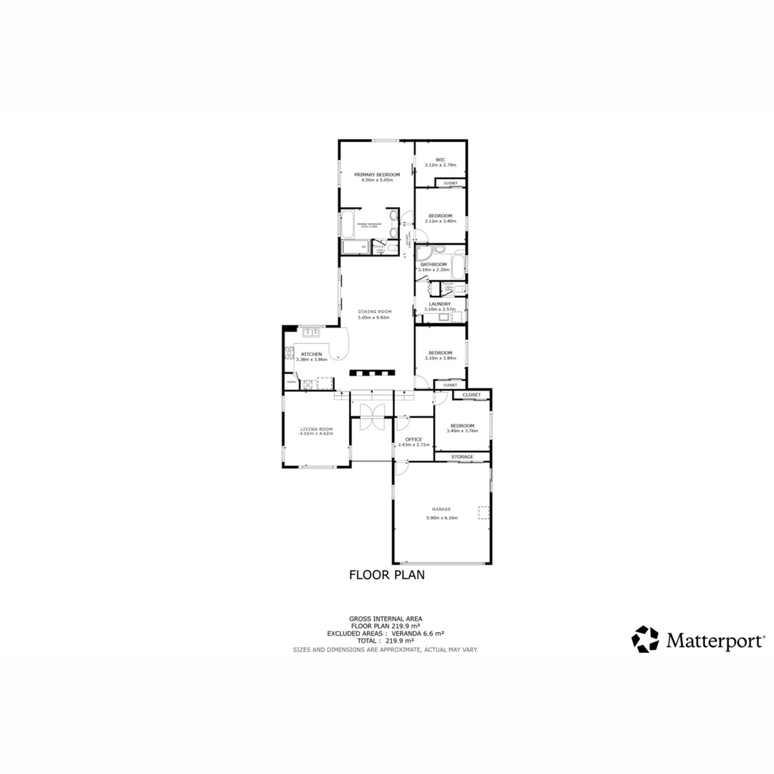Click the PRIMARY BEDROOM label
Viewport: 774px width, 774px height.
pos(376,174)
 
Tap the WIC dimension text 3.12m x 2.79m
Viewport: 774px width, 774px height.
pos(440,166)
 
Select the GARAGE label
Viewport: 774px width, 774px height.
pos(441,510)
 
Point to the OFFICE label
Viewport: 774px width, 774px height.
pos(414,439)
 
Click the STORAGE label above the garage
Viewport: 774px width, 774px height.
pos(462,457)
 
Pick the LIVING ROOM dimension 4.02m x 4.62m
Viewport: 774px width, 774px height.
pos(316,434)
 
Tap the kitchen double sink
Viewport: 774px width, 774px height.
pos(312,332)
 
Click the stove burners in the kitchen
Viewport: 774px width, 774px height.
pos(290,353)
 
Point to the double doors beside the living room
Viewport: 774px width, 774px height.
pos(372,416)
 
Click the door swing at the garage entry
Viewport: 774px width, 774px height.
pos(402,467)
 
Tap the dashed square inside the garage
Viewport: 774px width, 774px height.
pos(484,512)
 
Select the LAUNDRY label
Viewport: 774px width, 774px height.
pos(439,304)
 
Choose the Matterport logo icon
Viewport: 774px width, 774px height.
pos(644,639)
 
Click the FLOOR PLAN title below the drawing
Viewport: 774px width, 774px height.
pos(386,574)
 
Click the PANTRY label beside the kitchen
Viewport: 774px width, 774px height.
pos(291,383)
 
